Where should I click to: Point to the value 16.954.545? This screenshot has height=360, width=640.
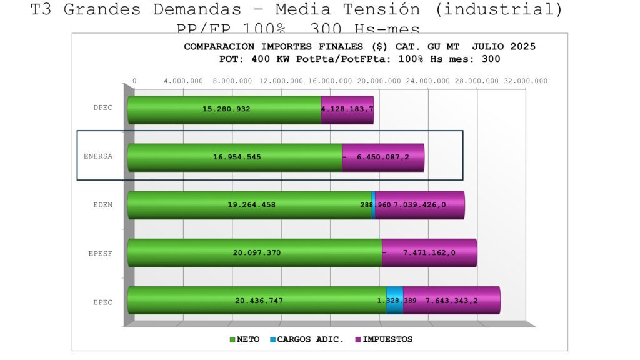pos(237,157)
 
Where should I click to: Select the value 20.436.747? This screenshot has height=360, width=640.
pos(259,301)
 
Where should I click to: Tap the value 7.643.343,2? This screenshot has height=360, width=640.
pos(451,301)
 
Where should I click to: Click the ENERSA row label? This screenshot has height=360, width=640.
pos(98,156)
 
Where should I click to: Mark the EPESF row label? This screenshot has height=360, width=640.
pos(101,254)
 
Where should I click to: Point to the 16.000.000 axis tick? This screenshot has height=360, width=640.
pos(330,81)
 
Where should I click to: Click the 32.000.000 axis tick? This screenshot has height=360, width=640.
pos(526,81)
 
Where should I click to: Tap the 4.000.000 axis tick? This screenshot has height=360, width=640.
pos(183,81)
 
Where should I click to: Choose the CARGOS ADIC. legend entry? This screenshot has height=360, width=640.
pos(306,339)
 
